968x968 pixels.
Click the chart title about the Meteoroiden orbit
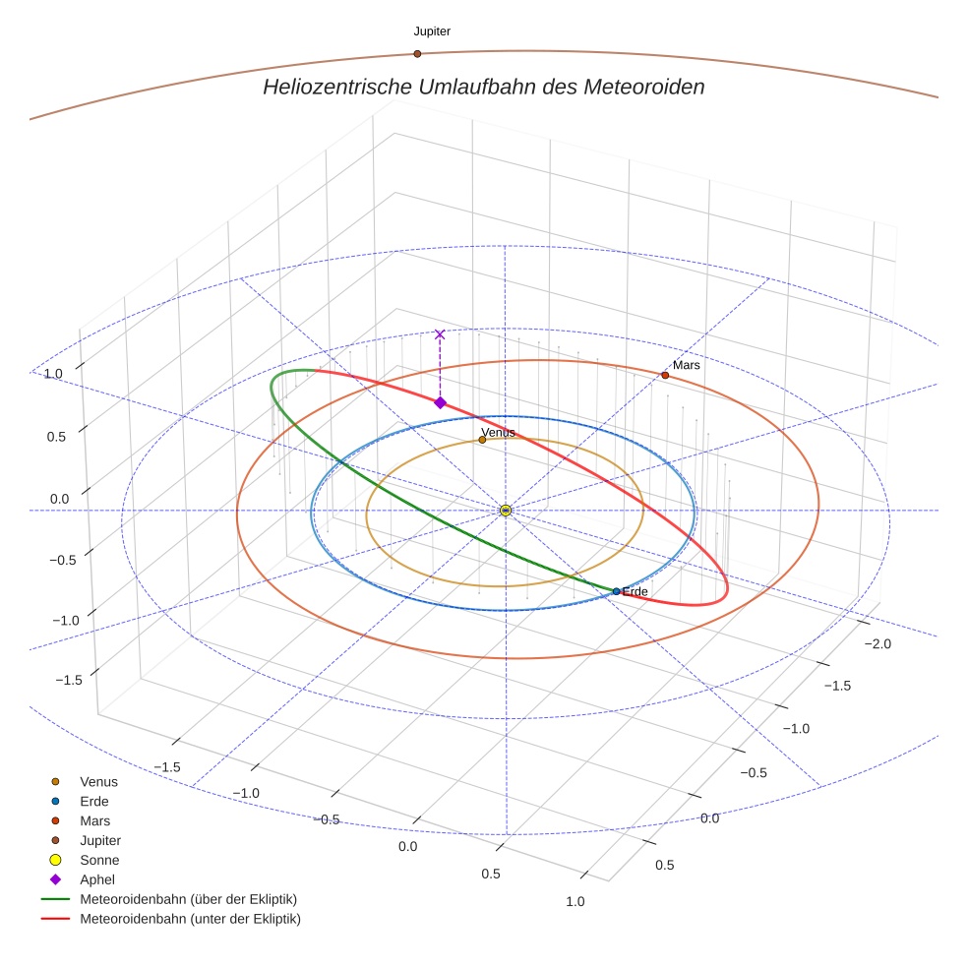coord(483,87)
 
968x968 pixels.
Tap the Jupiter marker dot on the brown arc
coord(417,53)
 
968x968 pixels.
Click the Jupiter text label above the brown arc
coord(432,31)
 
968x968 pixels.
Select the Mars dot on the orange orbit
coord(665,376)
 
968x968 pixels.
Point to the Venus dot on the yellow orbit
coord(482,440)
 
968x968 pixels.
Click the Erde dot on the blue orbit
coord(616,591)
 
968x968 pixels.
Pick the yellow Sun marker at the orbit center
coord(505,511)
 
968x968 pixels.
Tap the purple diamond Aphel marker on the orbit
coord(440,402)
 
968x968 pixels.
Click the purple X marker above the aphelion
coord(440,334)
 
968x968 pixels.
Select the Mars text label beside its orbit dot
coord(687,365)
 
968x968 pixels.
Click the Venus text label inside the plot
coord(498,432)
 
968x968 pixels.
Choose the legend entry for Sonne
coord(99,860)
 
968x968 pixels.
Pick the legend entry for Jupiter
coord(100,840)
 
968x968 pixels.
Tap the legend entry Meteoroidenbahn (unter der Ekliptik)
coord(190,919)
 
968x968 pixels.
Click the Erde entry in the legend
coord(94,801)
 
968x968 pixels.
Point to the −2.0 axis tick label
coord(877,643)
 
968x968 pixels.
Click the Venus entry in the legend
coord(98,781)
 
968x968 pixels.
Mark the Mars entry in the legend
coord(94,820)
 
